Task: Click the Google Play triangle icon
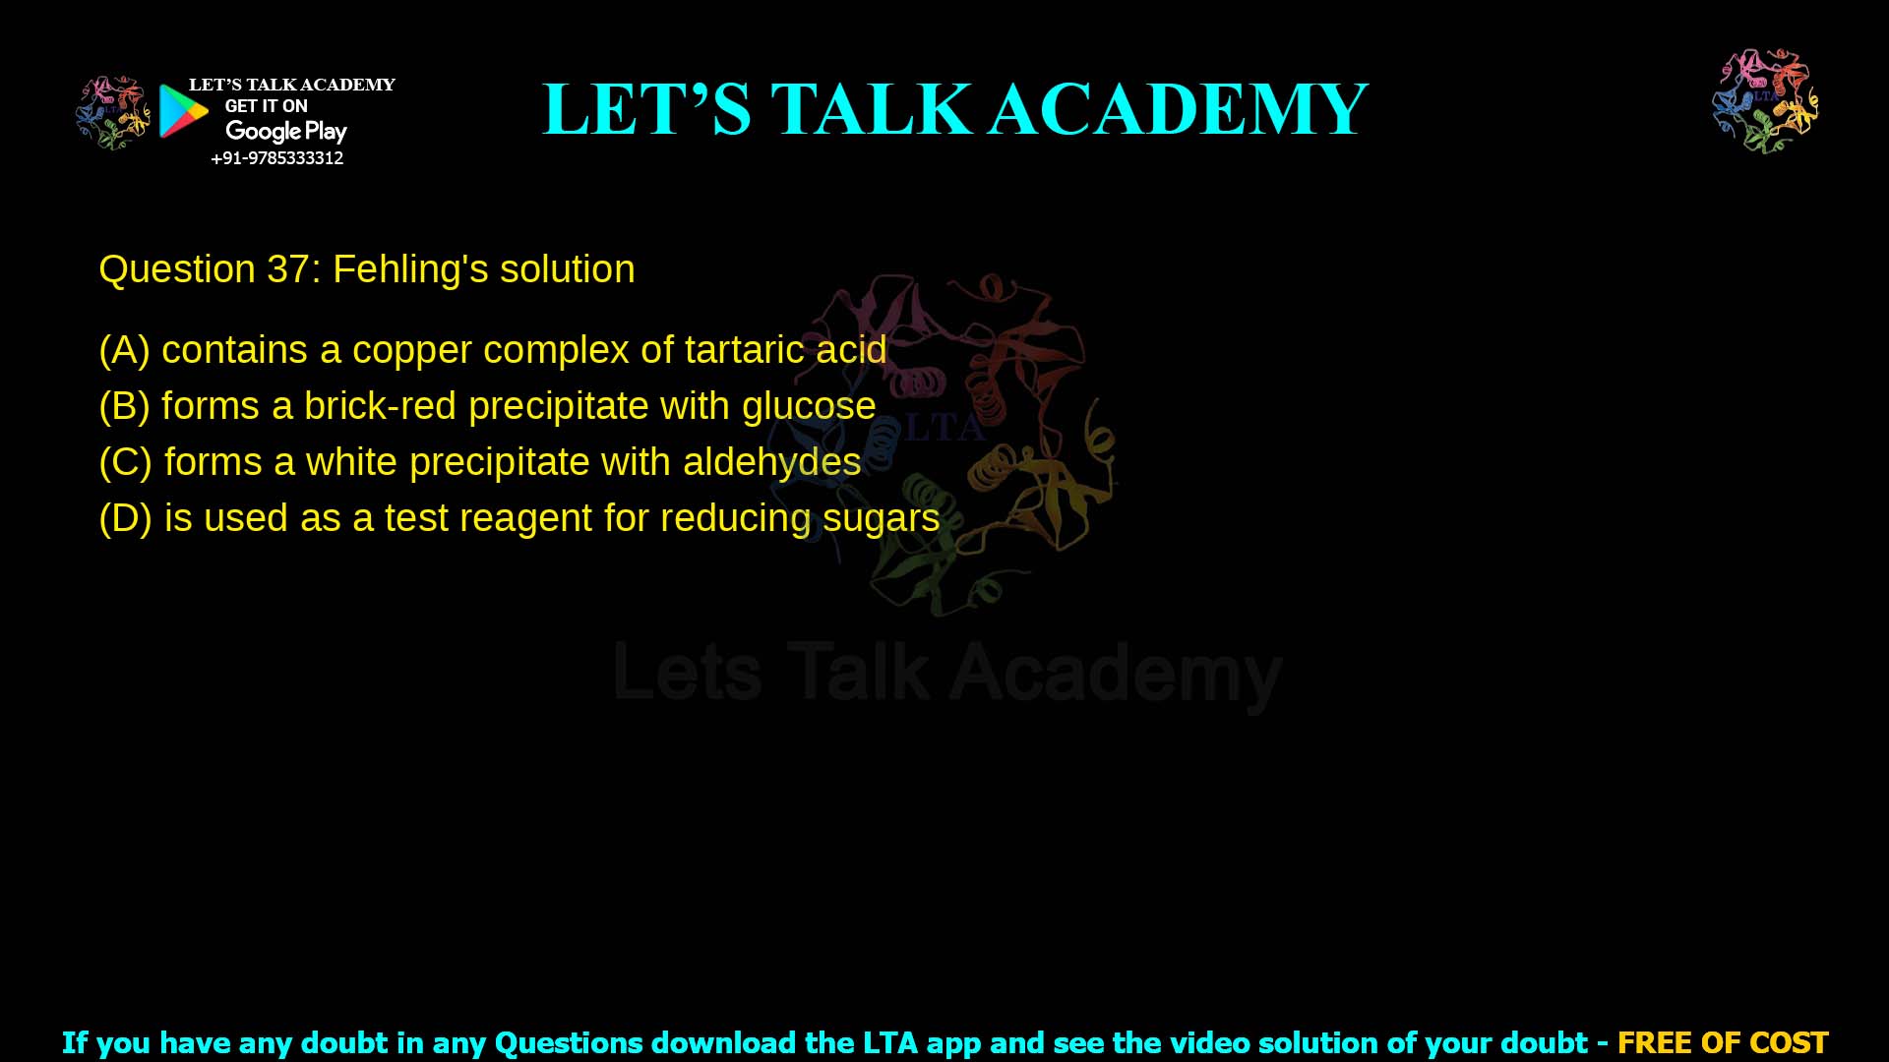[x=183, y=111]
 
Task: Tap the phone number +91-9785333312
[x=277, y=158]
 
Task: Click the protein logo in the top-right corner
[x=1765, y=100]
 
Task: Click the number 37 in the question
[x=288, y=269]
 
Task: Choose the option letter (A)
[x=124, y=350]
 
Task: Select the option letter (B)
[x=124, y=406]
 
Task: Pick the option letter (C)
[x=125, y=462]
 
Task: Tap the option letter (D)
[x=125, y=518]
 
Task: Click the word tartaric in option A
[x=744, y=350]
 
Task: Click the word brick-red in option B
[x=380, y=406]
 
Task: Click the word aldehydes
[x=771, y=462]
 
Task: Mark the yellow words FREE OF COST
[x=1722, y=1042]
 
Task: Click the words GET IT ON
[x=266, y=106]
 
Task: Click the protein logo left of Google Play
[x=113, y=112]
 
